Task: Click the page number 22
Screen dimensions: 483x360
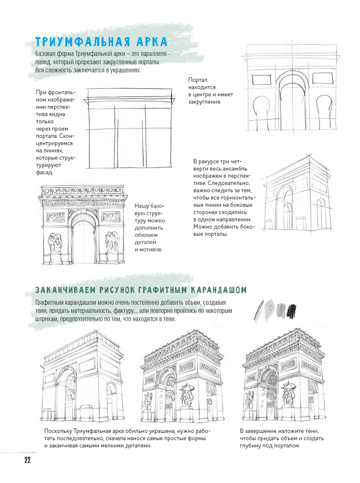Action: click(27, 460)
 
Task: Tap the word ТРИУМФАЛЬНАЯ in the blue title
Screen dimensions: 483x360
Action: click(82, 42)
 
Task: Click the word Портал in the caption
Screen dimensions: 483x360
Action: click(198, 80)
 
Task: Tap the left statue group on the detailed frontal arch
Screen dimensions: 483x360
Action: click(55, 242)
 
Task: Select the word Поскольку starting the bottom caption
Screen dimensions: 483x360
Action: click(58, 431)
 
